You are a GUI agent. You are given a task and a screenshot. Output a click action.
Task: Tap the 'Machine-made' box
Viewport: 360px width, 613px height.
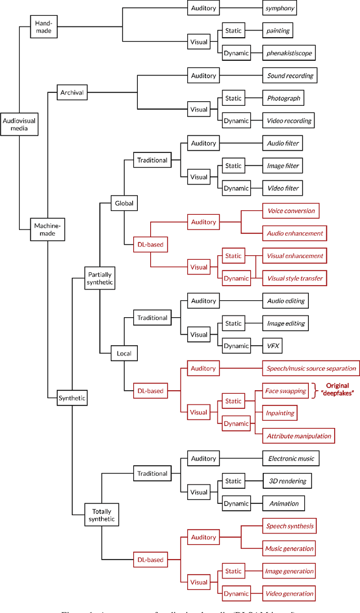pos(48,230)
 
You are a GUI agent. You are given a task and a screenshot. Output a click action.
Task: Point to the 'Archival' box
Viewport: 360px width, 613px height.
pos(73,92)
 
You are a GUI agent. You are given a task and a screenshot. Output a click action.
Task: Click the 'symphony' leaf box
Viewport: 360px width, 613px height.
pos(280,8)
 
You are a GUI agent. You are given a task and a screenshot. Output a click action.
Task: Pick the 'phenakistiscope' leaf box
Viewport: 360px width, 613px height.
pos(289,53)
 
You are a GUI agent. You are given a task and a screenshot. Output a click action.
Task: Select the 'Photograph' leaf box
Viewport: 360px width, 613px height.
pos(284,98)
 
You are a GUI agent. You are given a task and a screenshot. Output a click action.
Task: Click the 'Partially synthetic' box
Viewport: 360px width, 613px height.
pos(100,278)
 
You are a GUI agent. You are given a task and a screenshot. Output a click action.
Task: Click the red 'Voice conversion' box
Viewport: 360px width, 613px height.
pos(290,211)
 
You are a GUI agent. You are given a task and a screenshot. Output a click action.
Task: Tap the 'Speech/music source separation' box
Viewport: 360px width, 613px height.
pos(310,368)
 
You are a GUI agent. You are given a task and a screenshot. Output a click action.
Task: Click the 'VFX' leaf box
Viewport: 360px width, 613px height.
pos(273,346)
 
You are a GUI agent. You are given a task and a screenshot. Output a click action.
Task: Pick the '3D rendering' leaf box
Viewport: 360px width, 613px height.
pos(286,481)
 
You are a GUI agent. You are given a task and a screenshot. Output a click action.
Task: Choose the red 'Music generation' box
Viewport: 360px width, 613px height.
pos(290,548)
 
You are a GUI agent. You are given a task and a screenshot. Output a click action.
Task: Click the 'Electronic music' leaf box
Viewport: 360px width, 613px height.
pos(290,458)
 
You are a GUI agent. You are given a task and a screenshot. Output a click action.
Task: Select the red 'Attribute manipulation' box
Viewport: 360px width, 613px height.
pos(299,436)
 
